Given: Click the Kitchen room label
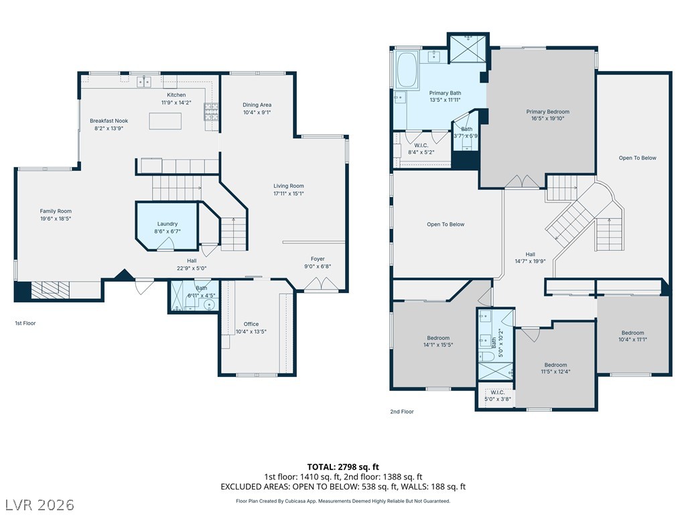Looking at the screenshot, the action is tap(176, 95).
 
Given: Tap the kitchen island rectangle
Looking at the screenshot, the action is tap(165, 121).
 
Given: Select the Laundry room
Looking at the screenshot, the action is tap(167, 226).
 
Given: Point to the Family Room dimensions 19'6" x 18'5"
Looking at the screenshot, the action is tap(56, 219).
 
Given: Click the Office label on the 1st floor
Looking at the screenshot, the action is tap(251, 324).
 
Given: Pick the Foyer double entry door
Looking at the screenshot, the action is tap(321, 284).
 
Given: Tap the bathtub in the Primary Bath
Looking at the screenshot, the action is tap(407, 70).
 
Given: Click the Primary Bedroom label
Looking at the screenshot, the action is tap(548, 112).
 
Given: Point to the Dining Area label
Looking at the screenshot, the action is tap(257, 105).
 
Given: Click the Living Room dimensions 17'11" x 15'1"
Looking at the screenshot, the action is tap(289, 194).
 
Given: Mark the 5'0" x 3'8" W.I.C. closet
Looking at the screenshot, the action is tap(498, 396).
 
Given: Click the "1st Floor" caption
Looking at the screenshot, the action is tap(25, 323).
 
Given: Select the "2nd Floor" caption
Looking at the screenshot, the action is tap(402, 412).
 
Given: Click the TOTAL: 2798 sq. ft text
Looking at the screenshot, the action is tap(343, 467).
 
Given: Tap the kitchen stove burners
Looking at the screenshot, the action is tap(211, 112).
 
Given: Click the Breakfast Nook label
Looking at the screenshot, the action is tap(109, 121).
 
